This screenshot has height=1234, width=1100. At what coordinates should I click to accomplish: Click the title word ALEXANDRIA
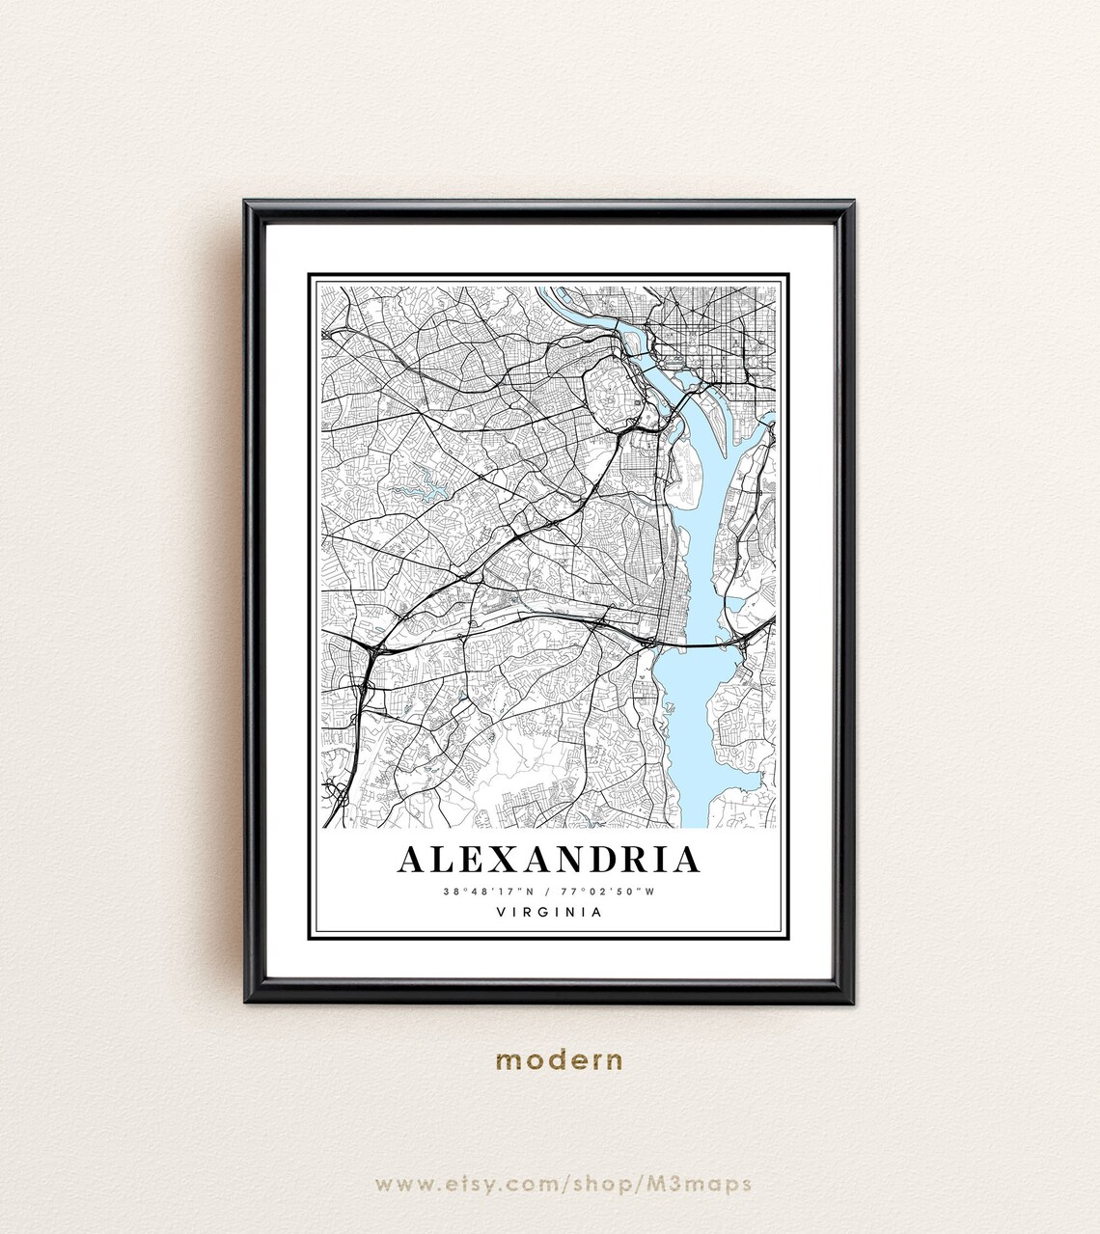tap(548, 860)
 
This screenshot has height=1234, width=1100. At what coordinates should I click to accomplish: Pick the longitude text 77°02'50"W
tap(614, 891)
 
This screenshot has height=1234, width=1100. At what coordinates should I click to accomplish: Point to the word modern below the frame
tap(560, 1061)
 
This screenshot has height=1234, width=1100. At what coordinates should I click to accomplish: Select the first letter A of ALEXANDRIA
tap(411, 860)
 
